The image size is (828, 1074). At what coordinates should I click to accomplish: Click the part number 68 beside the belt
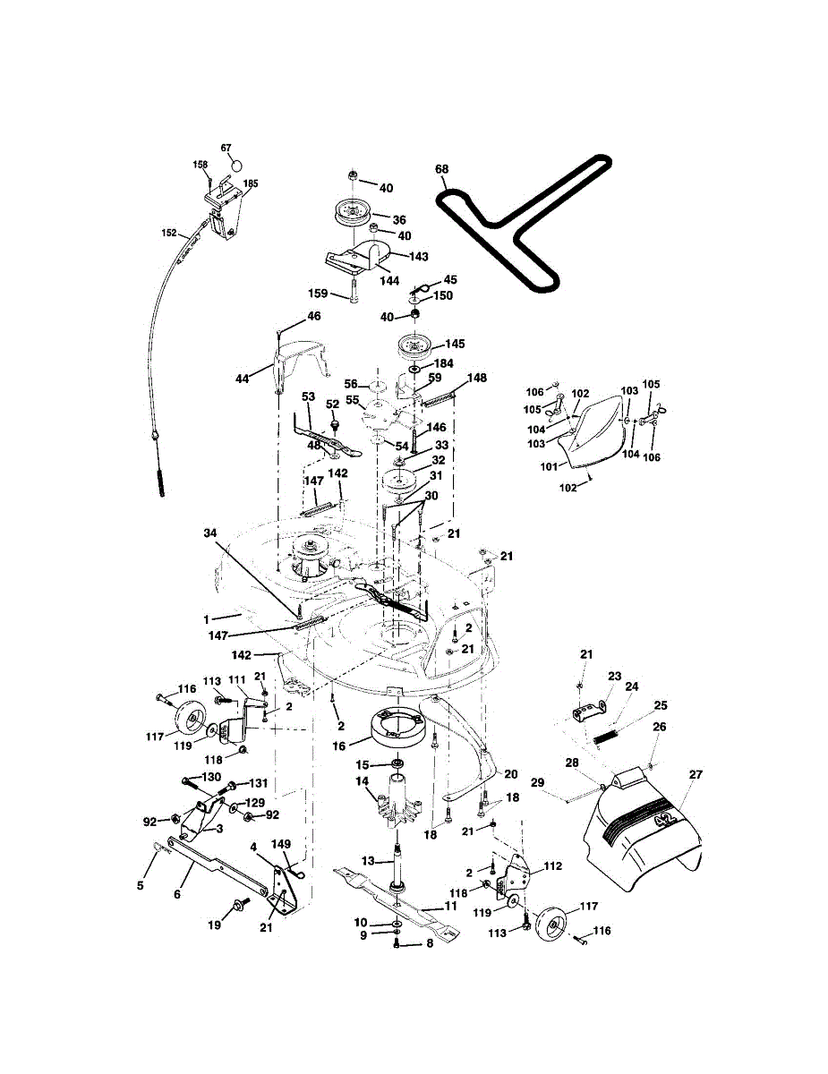coord(440,169)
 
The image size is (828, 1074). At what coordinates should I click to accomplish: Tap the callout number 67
coord(226,148)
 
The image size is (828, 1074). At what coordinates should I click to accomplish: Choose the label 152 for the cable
coord(169,233)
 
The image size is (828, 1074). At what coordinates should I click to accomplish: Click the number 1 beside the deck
coord(207,619)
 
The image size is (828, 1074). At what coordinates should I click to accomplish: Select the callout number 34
coord(209,533)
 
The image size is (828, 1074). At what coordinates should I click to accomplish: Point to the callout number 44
coord(243,379)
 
